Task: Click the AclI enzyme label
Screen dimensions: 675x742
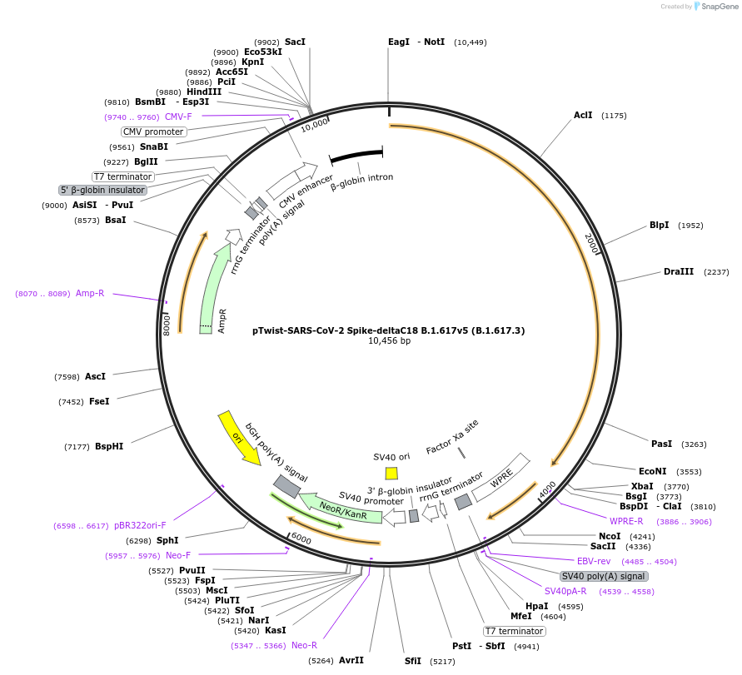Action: tap(582, 115)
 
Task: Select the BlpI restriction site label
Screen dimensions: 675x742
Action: tap(659, 226)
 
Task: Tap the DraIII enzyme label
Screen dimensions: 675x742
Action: tap(678, 272)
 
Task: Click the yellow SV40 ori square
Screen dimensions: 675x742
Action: tap(391, 473)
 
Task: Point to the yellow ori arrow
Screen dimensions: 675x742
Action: tap(237, 436)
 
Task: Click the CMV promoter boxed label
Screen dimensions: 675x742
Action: tap(153, 132)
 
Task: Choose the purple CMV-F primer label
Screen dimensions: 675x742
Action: tap(177, 117)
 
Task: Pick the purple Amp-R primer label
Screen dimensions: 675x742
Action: tap(90, 293)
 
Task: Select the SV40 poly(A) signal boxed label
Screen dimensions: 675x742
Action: tap(603, 576)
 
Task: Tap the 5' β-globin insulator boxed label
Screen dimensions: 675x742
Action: tap(103, 190)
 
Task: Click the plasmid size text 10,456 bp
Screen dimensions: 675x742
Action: tap(389, 340)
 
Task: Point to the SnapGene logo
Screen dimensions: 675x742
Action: tap(716, 6)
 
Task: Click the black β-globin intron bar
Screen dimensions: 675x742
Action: tap(356, 156)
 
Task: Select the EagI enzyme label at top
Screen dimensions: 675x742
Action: tap(399, 42)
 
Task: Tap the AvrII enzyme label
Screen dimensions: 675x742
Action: tap(351, 660)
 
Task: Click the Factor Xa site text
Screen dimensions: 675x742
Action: tap(453, 436)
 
